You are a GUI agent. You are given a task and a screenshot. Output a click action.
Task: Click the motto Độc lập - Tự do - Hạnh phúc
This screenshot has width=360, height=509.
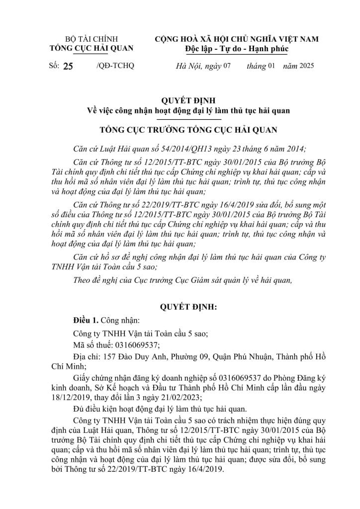pyautogui.click(x=236, y=49)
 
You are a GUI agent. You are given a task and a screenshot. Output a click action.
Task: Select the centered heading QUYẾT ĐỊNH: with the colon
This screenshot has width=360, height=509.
pyautogui.click(x=188, y=308)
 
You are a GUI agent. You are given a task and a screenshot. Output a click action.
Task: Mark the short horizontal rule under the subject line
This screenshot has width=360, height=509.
pyautogui.click(x=188, y=120)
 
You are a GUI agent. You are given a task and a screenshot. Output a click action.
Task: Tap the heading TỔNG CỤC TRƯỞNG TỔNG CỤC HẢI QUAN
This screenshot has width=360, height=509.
pyautogui.click(x=188, y=131)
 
